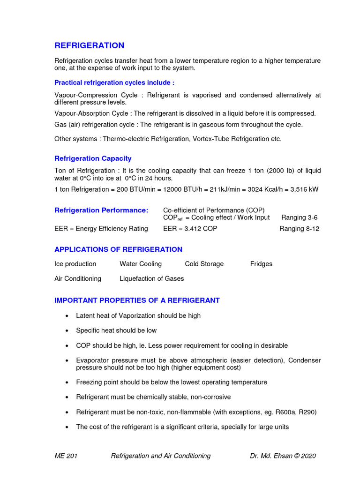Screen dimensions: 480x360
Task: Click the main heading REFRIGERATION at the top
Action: (x=90, y=45)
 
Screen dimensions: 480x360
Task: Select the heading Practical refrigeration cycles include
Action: (x=114, y=82)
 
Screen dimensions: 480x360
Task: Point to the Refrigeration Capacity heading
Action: (x=93, y=158)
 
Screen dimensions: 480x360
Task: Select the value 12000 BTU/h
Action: (x=164, y=189)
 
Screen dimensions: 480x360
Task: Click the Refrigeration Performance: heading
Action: (x=101, y=210)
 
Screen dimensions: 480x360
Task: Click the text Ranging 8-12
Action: (x=299, y=229)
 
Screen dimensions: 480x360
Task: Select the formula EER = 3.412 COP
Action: (x=190, y=229)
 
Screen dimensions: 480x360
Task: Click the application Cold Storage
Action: (x=204, y=264)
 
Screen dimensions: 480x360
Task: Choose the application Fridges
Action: (x=261, y=264)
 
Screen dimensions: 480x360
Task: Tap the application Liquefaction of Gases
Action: (x=151, y=278)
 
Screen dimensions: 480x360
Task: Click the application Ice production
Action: (x=75, y=264)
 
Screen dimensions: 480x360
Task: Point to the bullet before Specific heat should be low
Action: (x=68, y=331)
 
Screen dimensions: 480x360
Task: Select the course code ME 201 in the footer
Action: (x=66, y=456)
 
